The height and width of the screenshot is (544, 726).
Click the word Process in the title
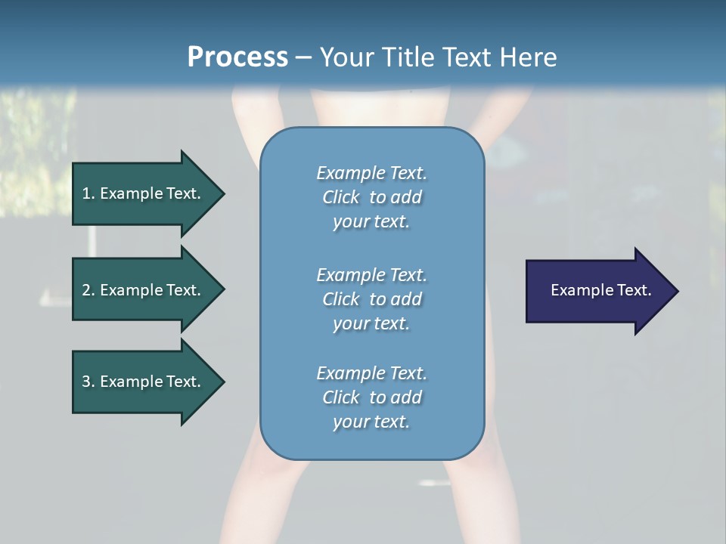pos(237,57)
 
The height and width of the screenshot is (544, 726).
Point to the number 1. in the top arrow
pos(88,193)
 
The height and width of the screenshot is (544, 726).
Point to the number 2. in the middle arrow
pos(88,290)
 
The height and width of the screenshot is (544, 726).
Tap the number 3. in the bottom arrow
pos(88,382)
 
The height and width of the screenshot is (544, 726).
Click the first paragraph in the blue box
pos(371,197)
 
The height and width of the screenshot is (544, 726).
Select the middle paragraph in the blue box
pos(371,298)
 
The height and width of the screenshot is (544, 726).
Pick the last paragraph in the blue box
pos(371,397)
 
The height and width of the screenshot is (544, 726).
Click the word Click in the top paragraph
pos(341,197)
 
